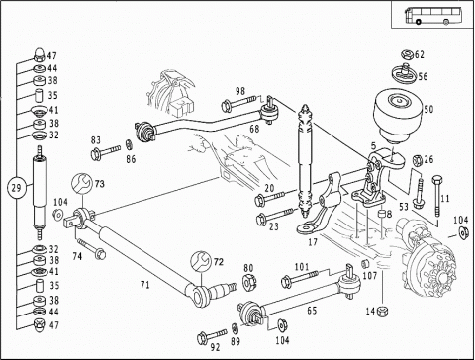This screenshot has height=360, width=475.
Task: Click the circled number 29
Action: point(16,188)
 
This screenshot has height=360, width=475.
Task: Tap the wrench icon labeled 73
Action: point(82,184)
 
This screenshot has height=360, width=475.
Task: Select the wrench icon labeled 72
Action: point(200,261)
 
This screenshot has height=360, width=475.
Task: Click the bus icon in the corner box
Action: point(432,15)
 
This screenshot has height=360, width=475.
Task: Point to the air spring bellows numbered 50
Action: point(398,115)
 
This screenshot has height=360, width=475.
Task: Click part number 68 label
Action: point(254,129)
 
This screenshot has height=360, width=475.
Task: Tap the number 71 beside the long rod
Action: point(144,284)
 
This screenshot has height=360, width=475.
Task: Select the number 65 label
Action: point(312,311)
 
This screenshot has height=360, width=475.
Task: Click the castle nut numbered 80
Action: point(249,283)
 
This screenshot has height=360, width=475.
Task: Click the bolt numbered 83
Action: point(106,152)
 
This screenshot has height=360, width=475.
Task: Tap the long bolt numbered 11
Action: point(436,196)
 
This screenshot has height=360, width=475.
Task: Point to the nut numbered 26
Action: point(418,160)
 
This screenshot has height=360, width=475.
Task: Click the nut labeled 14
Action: point(383,311)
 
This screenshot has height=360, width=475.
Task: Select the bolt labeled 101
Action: point(299,279)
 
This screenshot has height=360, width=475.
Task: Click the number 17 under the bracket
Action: point(312,242)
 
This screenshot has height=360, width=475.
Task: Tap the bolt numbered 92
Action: point(212,336)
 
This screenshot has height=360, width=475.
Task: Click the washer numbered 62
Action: point(408,55)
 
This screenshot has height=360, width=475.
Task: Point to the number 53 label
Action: point(404,207)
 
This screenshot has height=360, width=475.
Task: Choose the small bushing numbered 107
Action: point(365,264)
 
